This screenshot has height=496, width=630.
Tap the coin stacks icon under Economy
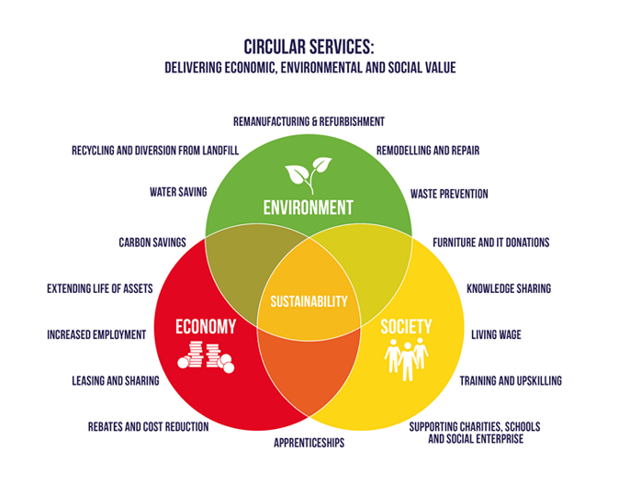[x=206, y=355]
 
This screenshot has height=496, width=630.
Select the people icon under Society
[x=406, y=357]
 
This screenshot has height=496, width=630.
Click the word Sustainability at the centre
[x=308, y=300]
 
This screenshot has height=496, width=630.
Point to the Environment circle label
[x=308, y=207]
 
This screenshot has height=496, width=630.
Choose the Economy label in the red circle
[x=206, y=326]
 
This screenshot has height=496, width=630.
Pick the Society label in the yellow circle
[x=406, y=326]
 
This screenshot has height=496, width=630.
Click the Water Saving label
[x=178, y=193]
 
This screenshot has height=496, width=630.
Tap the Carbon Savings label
[x=152, y=242]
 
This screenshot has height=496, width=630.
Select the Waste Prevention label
[x=449, y=194]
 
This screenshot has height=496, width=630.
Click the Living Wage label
[x=496, y=334]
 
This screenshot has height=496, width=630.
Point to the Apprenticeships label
[x=309, y=442]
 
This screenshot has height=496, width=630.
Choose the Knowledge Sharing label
[x=509, y=288]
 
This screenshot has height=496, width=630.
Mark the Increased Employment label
[x=96, y=334]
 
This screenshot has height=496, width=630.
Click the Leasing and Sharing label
[x=116, y=380]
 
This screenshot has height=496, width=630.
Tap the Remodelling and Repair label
[x=428, y=150]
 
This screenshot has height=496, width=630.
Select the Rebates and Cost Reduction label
[x=148, y=426]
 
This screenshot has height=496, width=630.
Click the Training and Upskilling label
[x=511, y=380]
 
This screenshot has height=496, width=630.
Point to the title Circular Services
[x=309, y=46]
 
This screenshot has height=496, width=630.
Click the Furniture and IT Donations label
[x=491, y=242]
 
